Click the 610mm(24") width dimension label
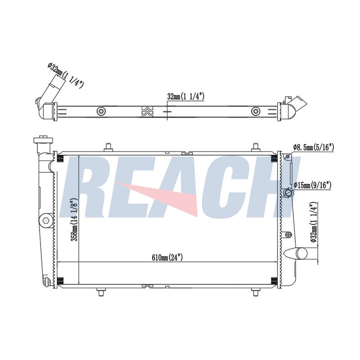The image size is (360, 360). (x=167, y=257)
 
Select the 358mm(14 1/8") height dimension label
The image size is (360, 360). (x=75, y=220)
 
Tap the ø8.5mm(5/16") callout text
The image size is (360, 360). (x=313, y=148)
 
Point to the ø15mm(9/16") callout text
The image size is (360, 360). (x=312, y=185)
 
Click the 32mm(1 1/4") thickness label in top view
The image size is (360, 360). (x=186, y=97)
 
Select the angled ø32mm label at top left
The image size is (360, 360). (x=65, y=76)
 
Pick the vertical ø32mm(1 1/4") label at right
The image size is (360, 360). (x=314, y=222)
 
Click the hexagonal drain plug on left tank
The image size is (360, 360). (x=46, y=220)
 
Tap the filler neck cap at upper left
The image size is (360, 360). (x=43, y=139)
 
